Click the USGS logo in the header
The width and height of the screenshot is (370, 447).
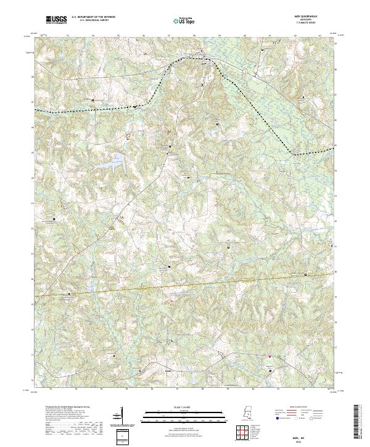(57, 20)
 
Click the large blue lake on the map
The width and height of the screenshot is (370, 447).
(114, 164)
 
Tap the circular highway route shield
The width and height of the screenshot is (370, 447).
(245, 72)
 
